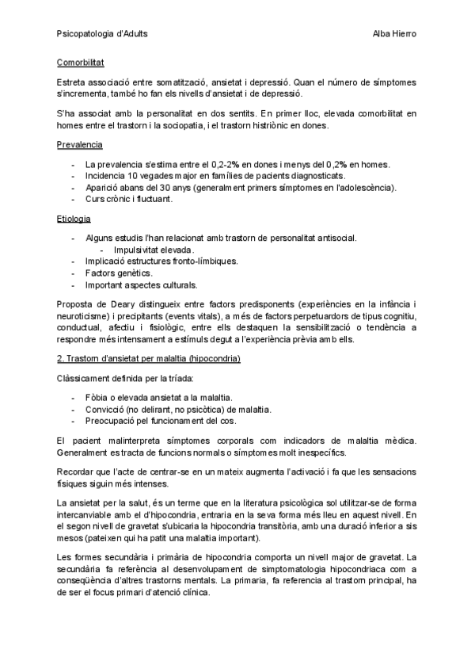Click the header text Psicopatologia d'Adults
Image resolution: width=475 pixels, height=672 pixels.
[x=102, y=33]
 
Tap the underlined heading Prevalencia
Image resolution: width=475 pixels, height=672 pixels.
[x=80, y=145]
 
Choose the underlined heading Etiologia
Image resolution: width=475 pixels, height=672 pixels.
[x=74, y=218]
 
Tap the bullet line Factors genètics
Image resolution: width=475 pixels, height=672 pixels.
[x=119, y=273]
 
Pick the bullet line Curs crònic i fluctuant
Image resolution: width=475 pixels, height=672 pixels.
[x=128, y=199]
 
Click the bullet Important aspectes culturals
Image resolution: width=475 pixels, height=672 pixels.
[x=142, y=284]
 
